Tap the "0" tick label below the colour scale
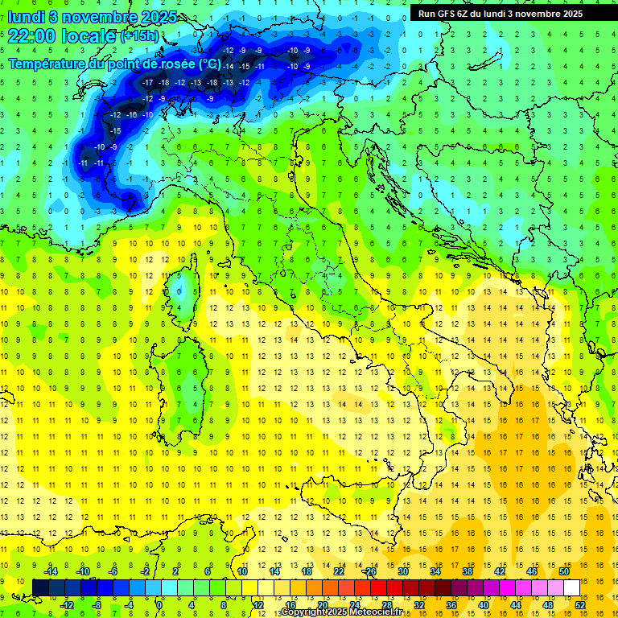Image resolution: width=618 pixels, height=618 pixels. point(159,605)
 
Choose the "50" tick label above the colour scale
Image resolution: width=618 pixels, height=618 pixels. point(564,571)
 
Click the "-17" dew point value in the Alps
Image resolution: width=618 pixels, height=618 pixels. point(147,82)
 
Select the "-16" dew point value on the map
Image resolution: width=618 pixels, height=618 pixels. point(132,115)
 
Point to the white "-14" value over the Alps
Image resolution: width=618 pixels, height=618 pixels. point(229,66)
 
